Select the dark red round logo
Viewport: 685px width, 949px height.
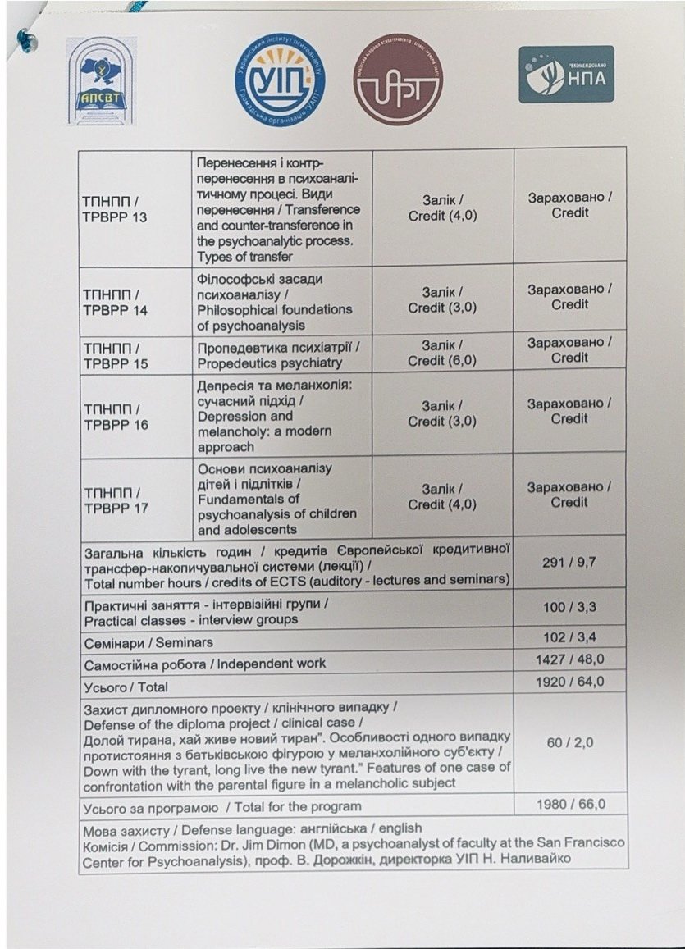click(x=397, y=79)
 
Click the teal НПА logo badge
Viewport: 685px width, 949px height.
click(x=566, y=74)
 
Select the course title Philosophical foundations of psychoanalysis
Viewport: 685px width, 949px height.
click(x=274, y=302)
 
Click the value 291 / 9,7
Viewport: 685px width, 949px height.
click(x=569, y=562)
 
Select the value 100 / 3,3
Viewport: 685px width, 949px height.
click(x=569, y=606)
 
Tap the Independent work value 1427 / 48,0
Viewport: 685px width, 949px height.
click(x=569, y=659)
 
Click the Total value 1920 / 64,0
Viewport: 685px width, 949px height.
click(x=569, y=682)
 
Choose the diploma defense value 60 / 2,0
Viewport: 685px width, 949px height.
click(x=569, y=742)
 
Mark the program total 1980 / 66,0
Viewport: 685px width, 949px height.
click(x=569, y=804)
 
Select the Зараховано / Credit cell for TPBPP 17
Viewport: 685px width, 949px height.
click(x=569, y=495)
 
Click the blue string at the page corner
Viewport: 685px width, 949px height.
click(x=29, y=37)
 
